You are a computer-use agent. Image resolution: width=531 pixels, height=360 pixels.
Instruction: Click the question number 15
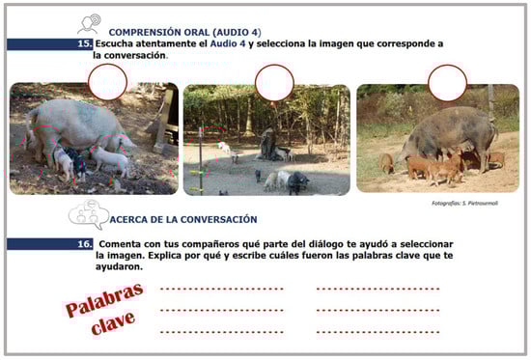84,43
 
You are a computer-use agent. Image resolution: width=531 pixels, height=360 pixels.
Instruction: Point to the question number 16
84,244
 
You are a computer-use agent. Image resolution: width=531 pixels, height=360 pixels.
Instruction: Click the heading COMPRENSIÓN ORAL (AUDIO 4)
185,33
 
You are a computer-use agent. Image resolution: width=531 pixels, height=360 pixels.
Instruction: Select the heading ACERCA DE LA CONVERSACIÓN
183,219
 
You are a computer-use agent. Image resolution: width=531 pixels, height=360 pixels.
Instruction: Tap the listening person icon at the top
90,24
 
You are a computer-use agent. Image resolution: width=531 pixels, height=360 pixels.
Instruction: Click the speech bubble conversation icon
89,214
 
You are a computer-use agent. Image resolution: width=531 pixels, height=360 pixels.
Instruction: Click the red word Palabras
104,300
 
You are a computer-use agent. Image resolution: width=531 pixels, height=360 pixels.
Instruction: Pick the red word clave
113,322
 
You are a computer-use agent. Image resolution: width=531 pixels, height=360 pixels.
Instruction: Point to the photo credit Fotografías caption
464,204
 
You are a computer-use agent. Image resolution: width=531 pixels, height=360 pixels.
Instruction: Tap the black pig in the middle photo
298,182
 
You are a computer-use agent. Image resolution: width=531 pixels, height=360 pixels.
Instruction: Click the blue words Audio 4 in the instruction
228,43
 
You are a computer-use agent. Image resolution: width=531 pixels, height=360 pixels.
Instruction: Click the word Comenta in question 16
120,244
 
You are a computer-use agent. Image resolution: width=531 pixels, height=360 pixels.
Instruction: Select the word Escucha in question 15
114,43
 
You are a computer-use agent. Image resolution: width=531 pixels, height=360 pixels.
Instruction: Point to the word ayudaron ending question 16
119,267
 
